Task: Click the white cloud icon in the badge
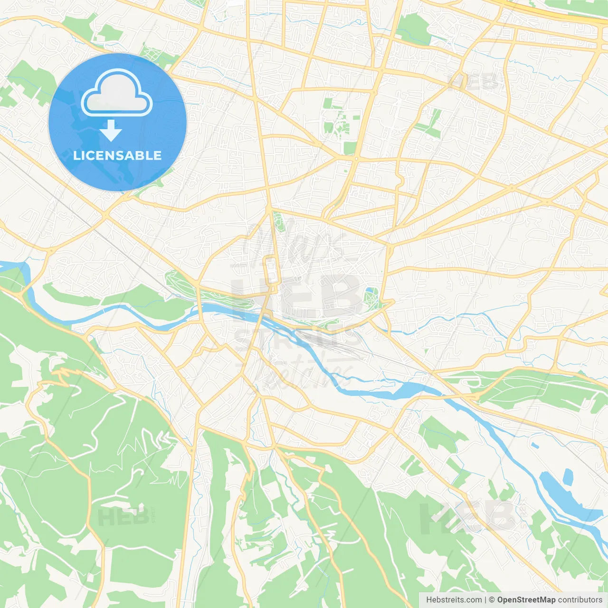[117, 93]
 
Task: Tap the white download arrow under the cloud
[111, 131]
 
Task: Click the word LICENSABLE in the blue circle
[117, 155]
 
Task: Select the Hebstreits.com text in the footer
[454, 600]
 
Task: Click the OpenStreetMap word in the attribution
[526, 600]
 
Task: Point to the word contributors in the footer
[580, 600]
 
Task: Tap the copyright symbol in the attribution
[492, 600]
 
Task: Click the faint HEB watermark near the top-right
[475, 82]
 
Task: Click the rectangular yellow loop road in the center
[271, 271]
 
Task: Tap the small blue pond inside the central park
[370, 292]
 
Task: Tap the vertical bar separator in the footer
[485, 600]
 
